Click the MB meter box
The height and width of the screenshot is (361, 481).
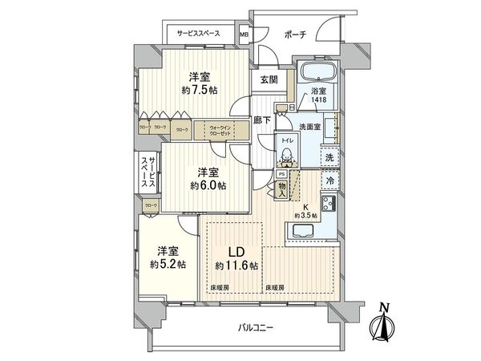[245, 35]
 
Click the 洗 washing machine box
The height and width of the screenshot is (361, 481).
[329, 158]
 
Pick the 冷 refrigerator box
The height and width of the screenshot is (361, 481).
[329, 182]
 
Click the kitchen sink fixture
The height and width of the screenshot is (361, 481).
[305, 233]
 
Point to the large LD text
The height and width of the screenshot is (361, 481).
[228, 248]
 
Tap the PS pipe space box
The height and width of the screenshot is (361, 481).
[281, 172]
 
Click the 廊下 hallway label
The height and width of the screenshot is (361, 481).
[261, 120]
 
